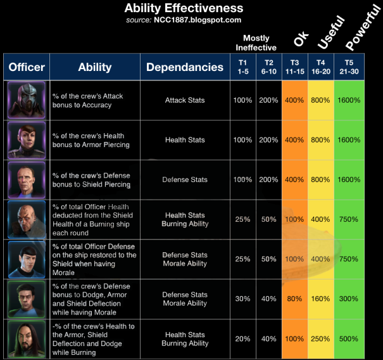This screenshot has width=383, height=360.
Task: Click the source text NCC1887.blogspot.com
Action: point(184,20)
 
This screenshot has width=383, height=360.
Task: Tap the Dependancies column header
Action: point(184,67)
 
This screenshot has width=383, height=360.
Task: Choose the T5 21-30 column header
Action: point(348,67)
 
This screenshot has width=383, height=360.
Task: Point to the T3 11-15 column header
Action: point(294,67)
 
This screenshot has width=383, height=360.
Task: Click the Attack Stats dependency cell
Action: point(185,100)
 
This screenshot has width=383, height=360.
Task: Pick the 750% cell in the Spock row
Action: point(348,259)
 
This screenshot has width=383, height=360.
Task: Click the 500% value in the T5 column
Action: point(348,339)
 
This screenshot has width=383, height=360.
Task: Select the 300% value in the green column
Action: point(348,299)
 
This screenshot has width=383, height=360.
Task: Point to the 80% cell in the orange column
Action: point(294,299)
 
